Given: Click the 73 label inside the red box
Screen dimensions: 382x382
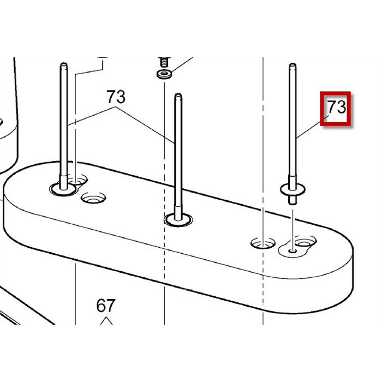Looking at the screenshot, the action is coord(336,106).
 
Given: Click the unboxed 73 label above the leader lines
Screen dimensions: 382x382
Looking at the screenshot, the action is coord(116,97).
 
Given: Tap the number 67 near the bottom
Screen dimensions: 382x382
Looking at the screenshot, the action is coord(106,306).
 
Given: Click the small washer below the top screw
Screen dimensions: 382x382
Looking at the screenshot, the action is coord(164,74).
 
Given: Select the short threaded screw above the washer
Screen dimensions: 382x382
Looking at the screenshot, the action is coord(164,62).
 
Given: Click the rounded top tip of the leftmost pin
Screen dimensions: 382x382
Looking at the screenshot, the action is coord(64,64).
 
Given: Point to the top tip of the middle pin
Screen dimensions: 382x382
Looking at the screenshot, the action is coord(178,95).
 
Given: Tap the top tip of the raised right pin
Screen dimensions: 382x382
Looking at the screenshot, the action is coord(293,65).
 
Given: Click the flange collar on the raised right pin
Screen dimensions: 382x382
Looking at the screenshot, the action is coord(293,189).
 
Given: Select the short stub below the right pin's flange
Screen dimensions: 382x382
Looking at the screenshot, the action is coord(293,199).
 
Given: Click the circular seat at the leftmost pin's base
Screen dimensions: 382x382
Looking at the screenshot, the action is coord(63,189).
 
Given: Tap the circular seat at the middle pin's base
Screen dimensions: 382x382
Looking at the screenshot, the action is coord(178,220).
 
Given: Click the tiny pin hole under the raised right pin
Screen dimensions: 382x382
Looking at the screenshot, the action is coord(293,250).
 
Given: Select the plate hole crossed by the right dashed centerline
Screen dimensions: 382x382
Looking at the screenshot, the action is coord(263,243).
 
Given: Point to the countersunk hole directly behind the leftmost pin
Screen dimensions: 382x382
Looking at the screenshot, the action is coord(77,180).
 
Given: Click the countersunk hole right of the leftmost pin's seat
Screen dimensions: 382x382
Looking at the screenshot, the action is coord(93,198).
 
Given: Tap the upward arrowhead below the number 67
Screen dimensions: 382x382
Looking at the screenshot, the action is coord(106,320).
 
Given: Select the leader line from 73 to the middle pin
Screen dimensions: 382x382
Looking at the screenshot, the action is coord(145,125).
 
